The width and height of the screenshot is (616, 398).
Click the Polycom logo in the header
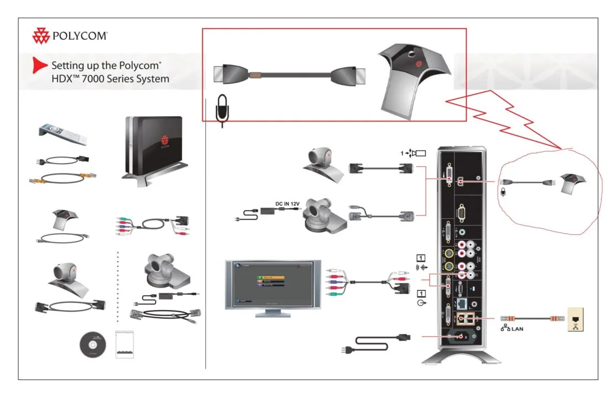(x=69, y=37)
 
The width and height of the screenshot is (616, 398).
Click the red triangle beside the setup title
(x=39, y=65)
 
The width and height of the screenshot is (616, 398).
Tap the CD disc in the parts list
(x=91, y=345)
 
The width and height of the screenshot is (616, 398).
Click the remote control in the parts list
(x=58, y=133)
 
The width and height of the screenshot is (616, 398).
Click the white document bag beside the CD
(x=126, y=345)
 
